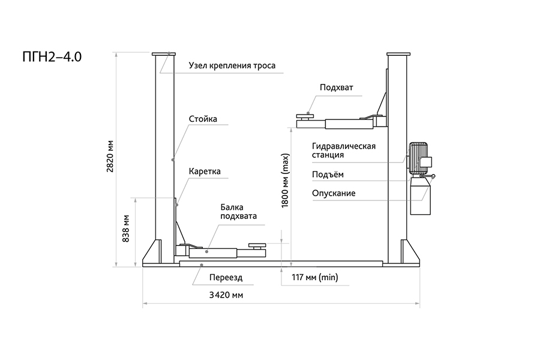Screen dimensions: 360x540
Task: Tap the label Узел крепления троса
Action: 232,65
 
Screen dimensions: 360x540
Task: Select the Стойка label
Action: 203,119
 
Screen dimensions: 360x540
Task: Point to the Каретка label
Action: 205,172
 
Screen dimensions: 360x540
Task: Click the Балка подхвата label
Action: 238,212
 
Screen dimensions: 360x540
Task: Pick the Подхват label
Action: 337,87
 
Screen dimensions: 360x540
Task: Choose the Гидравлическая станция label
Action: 344,150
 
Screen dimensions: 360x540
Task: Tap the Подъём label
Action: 328,175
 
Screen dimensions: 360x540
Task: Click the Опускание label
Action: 334,193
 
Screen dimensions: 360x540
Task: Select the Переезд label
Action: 226,278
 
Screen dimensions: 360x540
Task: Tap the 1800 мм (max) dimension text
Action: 286,180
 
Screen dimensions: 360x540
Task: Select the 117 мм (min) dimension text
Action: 315,277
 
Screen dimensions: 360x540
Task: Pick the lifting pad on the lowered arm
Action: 257,244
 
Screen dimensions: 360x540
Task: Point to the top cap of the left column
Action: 163,55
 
